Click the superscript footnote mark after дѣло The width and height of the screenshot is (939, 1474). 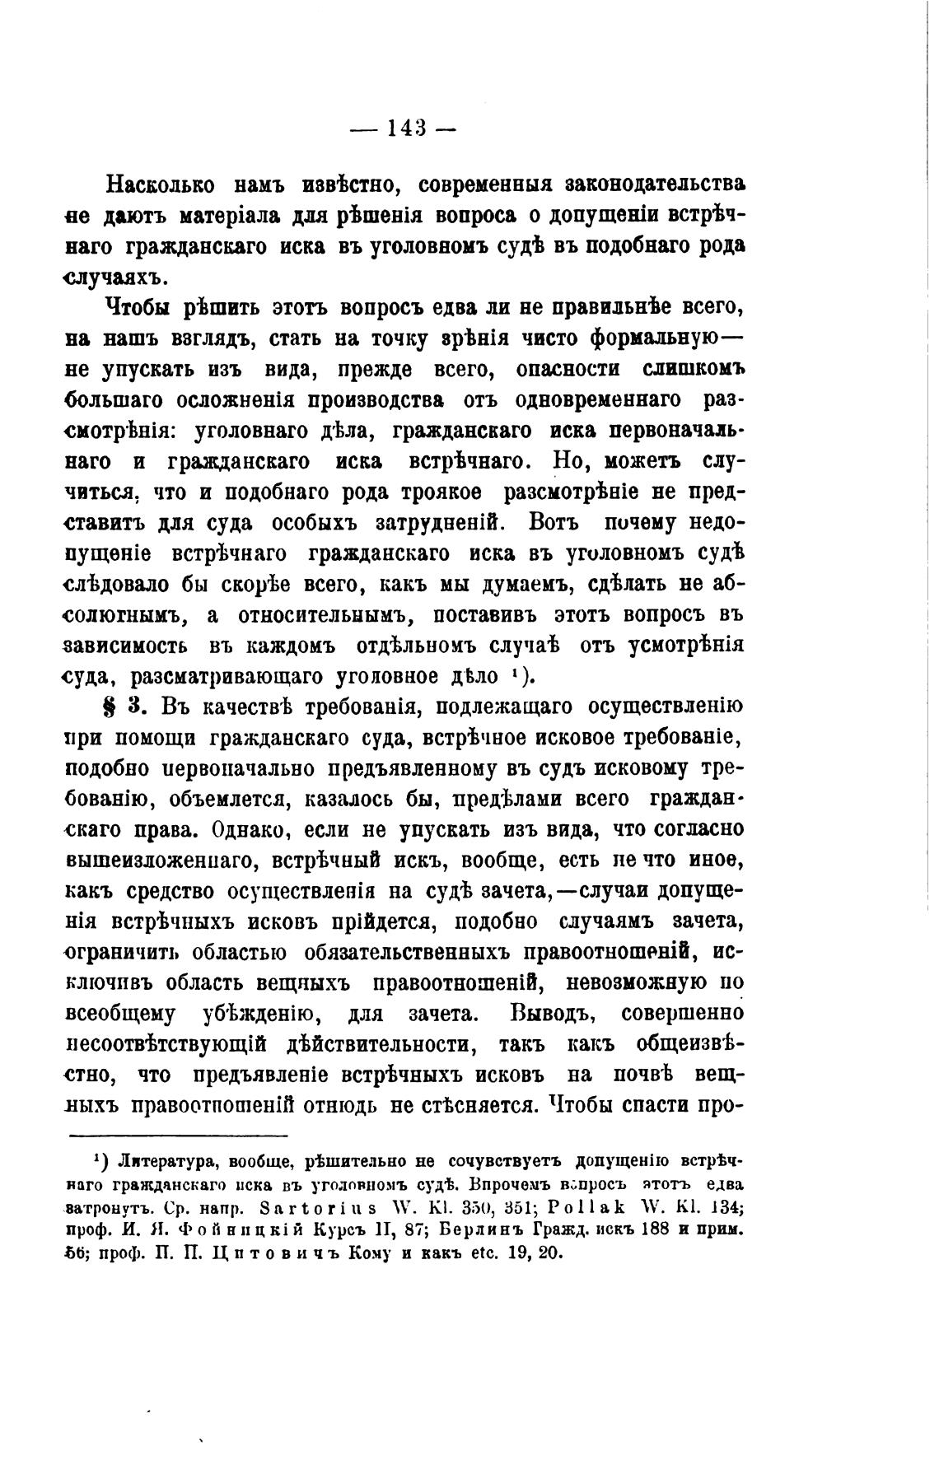click(x=514, y=673)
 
